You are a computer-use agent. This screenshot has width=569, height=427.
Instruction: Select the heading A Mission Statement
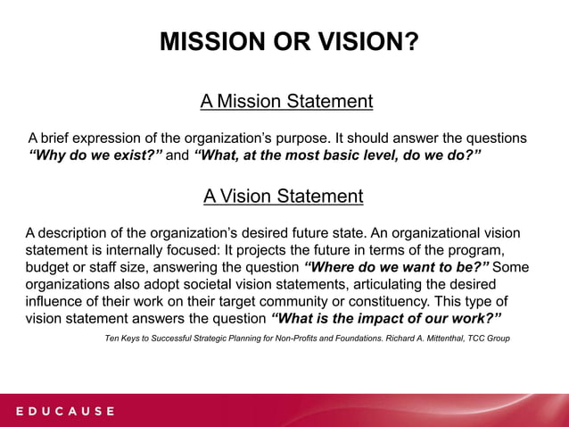(x=286, y=101)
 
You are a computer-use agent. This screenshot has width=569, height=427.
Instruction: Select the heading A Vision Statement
(x=284, y=196)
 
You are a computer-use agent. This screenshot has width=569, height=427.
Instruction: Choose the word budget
(x=49, y=267)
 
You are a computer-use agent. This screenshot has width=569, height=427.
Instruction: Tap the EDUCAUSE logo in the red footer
(x=63, y=411)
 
